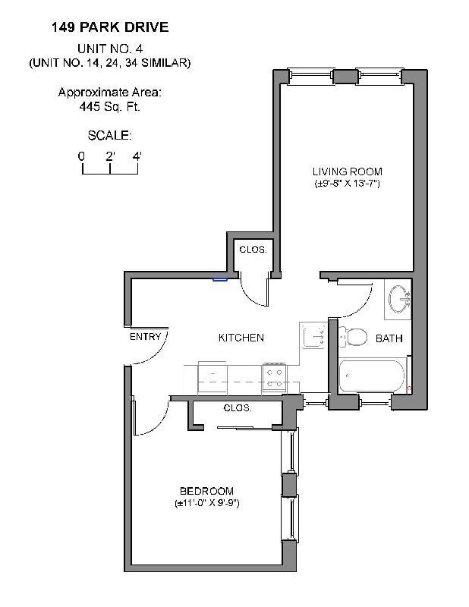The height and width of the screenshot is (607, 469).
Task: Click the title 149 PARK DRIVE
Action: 110,28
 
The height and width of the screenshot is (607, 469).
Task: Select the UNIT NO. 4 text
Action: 110,49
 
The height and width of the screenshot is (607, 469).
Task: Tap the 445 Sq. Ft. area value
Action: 110,107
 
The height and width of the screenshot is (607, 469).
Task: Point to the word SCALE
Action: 110,136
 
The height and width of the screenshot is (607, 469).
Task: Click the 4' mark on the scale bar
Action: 137,156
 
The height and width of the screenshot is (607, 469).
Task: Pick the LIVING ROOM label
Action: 348,171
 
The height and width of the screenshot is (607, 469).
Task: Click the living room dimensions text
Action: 348,184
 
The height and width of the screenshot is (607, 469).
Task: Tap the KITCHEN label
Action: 241,338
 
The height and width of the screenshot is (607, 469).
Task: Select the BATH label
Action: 389,338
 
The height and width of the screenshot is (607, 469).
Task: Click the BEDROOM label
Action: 206,491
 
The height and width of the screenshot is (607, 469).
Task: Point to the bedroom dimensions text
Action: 206,504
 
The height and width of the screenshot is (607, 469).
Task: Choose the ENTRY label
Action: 145,337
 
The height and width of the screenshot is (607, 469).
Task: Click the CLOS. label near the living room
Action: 253,250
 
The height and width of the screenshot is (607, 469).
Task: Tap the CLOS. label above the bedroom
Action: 238,408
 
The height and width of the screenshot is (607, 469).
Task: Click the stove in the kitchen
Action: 273,376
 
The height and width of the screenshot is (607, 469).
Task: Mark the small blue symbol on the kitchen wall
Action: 220,278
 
